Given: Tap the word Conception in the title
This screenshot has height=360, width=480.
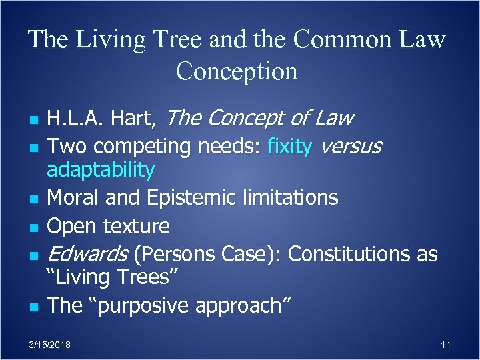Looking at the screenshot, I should pyautogui.click(x=237, y=71).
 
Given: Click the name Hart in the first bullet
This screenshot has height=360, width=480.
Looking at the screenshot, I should pyautogui.click(x=135, y=119).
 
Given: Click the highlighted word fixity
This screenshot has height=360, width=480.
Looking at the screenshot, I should pyautogui.click(x=289, y=146).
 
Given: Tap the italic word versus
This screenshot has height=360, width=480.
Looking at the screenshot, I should pyautogui.click(x=351, y=146).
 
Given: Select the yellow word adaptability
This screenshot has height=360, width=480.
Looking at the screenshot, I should pyautogui.click(x=100, y=170).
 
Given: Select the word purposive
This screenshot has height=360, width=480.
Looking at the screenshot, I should pyautogui.click(x=148, y=305).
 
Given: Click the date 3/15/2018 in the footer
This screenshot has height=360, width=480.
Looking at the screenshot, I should pyautogui.click(x=51, y=345).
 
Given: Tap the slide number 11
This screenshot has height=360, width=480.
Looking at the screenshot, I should pyautogui.click(x=446, y=345).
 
